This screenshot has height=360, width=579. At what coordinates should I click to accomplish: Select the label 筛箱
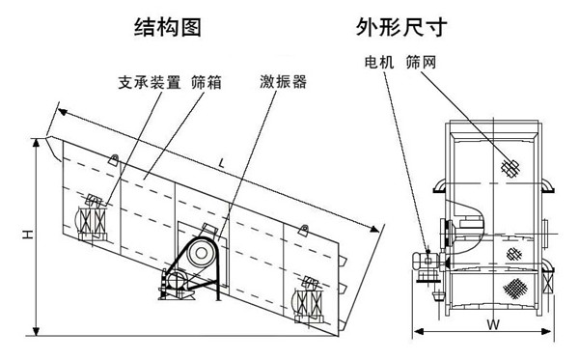click(x=207, y=82)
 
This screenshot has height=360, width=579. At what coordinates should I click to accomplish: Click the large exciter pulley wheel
click(x=201, y=254)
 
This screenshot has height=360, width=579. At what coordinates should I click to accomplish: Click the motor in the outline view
click(x=424, y=262)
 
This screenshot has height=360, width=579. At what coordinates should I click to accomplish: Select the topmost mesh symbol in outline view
click(x=510, y=168)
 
